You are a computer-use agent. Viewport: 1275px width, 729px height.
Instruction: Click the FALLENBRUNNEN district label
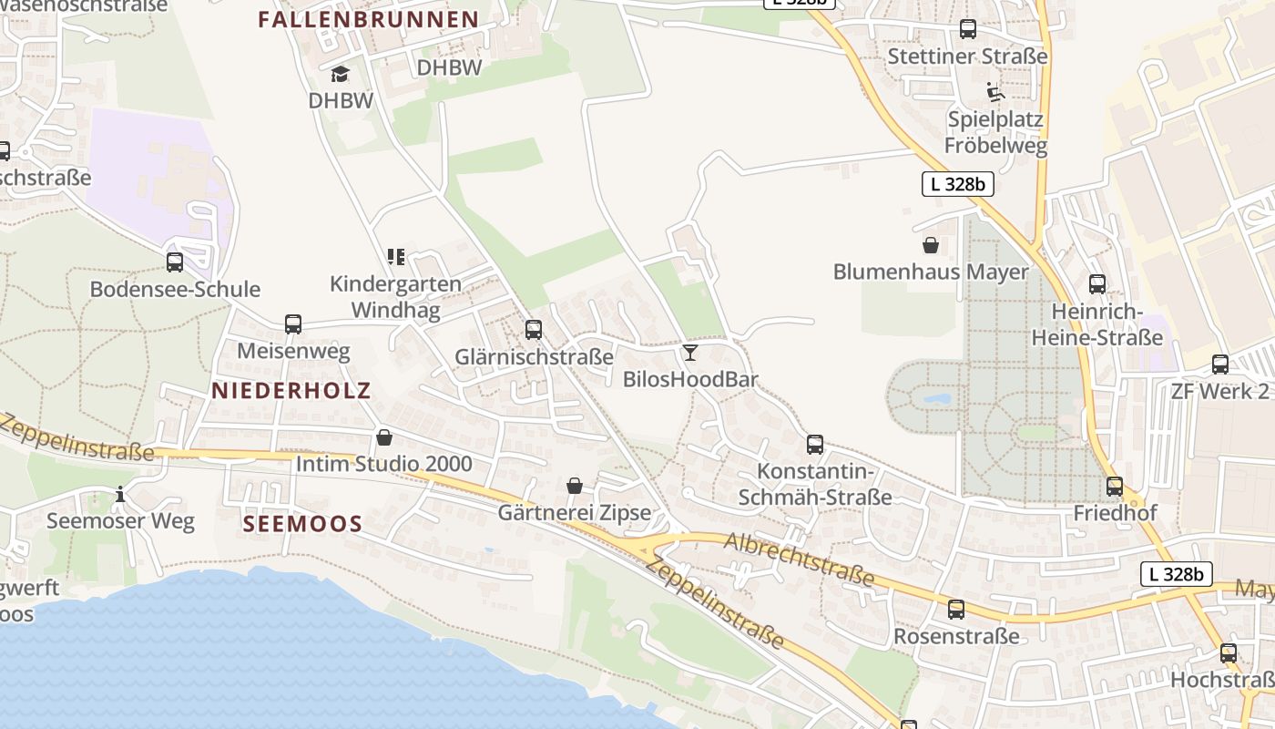[368, 19]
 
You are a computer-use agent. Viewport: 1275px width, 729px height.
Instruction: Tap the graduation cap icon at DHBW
[341, 74]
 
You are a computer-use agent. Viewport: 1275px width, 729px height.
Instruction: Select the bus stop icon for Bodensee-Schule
[175, 262]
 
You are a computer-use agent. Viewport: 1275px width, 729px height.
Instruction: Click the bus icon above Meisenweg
[293, 323]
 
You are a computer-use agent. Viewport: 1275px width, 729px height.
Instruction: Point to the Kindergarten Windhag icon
[395, 257]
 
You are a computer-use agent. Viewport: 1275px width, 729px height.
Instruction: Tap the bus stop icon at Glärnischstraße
[534, 329]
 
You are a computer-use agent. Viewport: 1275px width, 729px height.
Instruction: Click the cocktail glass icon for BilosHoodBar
[690, 353]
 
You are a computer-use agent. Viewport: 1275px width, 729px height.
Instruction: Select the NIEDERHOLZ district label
[291, 391]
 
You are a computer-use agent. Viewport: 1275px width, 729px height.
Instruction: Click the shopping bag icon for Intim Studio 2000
[384, 438]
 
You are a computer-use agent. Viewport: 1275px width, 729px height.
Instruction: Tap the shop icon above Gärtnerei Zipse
[575, 486]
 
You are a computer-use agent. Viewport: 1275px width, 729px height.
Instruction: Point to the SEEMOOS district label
[303, 524]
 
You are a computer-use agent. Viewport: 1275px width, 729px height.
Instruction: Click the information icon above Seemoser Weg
[120, 495]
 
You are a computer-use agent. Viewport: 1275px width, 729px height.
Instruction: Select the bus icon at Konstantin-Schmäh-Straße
[815, 445]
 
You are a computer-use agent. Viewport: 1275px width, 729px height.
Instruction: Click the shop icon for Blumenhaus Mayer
[931, 245]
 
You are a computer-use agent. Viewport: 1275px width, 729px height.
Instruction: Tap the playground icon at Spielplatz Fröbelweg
[995, 92]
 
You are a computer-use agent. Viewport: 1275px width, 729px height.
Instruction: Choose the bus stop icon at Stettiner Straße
[968, 29]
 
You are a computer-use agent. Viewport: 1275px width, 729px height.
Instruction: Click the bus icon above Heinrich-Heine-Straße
[1097, 284]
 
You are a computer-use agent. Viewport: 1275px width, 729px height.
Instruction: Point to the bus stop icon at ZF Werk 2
[1220, 364]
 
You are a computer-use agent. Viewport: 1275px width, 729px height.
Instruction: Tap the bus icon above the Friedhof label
[1115, 487]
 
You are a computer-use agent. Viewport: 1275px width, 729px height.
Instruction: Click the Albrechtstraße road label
[800, 560]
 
